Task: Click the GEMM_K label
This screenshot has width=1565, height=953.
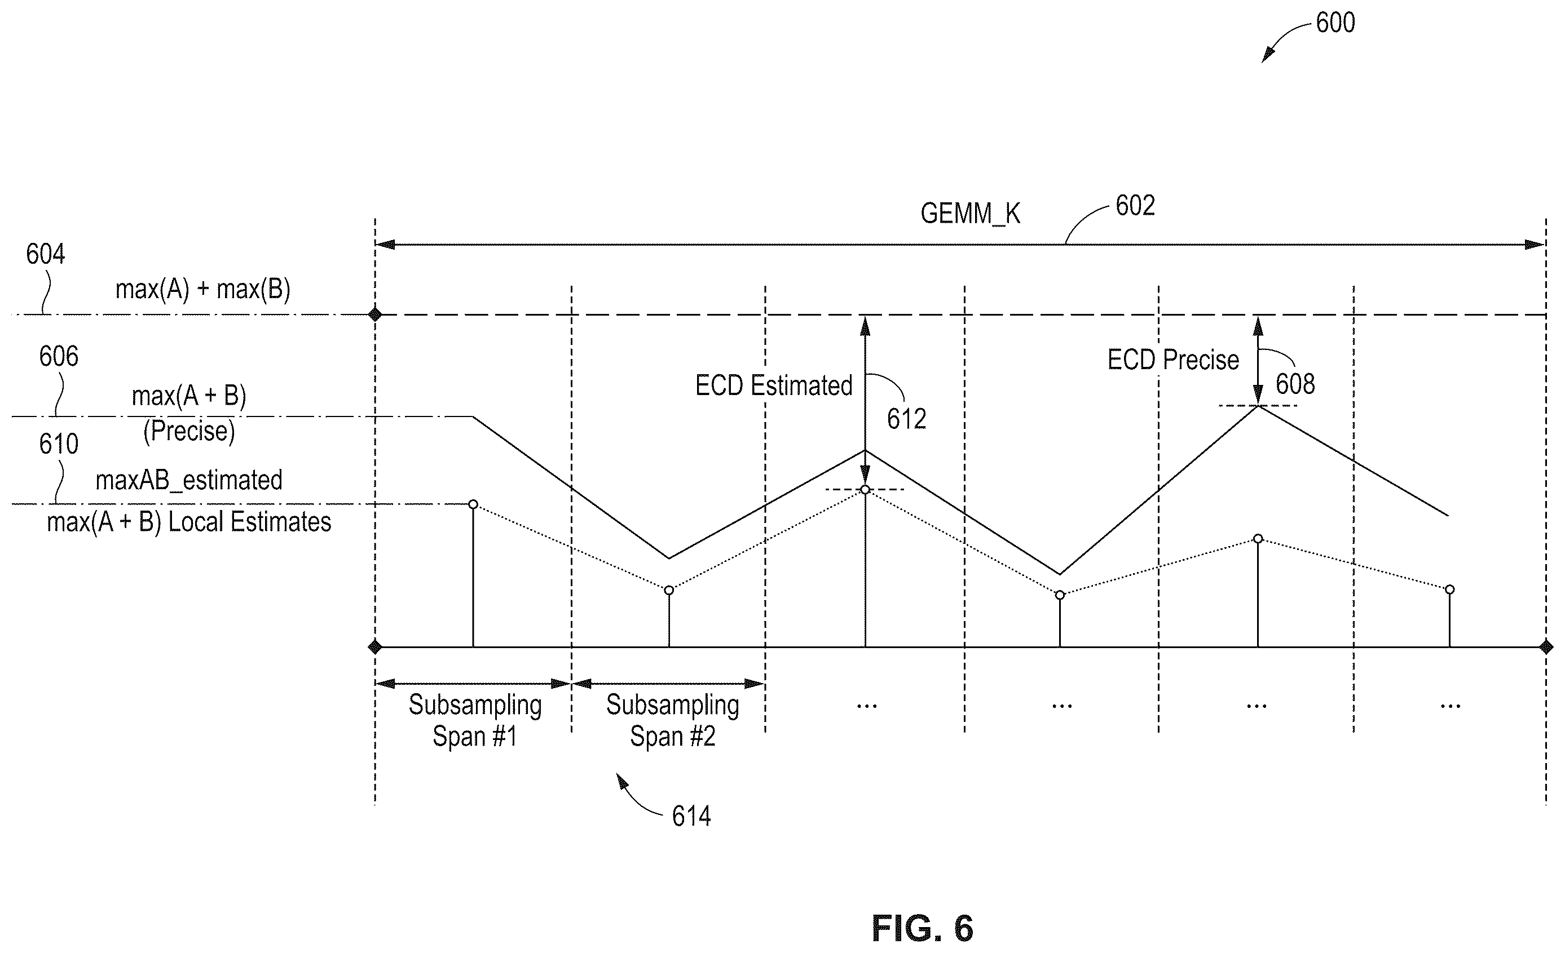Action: pos(970,214)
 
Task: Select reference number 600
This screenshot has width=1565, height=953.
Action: pos(1335,23)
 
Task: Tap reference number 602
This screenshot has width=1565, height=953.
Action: pos(1135,206)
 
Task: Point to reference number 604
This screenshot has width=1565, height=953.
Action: pos(45,254)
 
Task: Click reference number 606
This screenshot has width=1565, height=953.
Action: pos(59,357)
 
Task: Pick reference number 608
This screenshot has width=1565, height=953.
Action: pos(1295,384)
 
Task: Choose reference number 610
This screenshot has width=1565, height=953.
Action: pos(59,444)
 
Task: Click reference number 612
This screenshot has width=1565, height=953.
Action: pos(906,419)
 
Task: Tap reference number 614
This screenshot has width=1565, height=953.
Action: pos(691,817)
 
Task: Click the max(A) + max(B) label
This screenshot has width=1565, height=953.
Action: pos(202,290)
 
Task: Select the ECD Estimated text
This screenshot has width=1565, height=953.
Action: pos(774,385)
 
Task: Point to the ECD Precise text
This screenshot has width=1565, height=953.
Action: pos(1173,360)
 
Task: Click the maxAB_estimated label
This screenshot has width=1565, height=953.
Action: pos(188,480)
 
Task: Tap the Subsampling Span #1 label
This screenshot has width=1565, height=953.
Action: pos(475,721)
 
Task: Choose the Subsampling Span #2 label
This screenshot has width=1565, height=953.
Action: pos(673,721)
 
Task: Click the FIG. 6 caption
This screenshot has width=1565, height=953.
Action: pos(922,928)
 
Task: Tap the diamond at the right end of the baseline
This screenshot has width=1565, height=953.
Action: pos(1546,647)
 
